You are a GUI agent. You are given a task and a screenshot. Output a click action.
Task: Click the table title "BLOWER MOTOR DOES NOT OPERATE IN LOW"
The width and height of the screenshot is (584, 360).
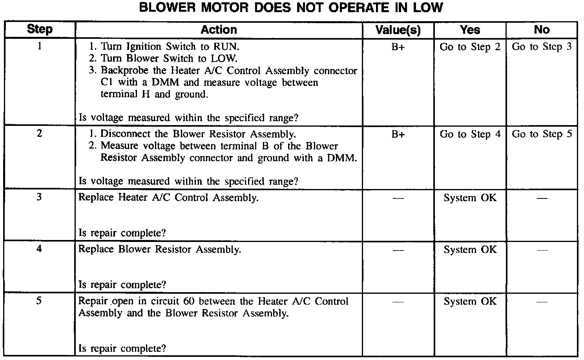(x=291, y=7)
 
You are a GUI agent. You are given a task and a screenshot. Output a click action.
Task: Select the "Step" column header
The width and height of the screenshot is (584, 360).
(x=40, y=29)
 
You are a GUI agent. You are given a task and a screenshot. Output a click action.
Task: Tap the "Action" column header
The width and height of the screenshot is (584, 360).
(x=219, y=29)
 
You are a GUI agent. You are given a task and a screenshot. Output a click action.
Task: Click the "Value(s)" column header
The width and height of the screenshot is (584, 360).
(x=398, y=30)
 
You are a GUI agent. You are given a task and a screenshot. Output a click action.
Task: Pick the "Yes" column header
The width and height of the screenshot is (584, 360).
(x=470, y=30)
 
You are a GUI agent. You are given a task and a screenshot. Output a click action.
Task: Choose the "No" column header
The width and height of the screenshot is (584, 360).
(x=542, y=30)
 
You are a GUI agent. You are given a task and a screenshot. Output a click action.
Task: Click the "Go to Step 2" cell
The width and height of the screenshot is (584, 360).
(x=470, y=47)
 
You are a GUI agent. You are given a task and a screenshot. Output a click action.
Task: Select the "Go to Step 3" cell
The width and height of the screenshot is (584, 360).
(x=542, y=47)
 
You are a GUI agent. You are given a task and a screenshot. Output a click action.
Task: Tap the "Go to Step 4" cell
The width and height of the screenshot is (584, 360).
(x=470, y=134)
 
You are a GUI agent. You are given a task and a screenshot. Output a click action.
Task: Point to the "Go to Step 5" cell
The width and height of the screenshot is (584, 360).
(x=542, y=134)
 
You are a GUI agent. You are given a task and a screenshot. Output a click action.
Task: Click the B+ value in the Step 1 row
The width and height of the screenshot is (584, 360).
(x=398, y=47)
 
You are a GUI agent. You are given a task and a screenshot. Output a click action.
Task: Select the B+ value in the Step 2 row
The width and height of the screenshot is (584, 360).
(x=398, y=134)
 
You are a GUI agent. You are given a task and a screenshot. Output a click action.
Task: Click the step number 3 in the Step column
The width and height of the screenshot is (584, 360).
(x=39, y=197)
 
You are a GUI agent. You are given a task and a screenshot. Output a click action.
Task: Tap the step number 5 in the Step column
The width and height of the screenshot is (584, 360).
(x=39, y=301)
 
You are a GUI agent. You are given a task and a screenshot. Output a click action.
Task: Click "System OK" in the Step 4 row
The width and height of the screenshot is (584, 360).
(x=470, y=249)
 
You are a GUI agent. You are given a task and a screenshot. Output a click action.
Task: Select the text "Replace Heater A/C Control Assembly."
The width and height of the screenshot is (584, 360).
(x=168, y=197)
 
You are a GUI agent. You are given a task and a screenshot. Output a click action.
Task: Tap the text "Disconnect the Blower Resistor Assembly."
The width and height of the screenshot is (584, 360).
(x=198, y=134)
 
